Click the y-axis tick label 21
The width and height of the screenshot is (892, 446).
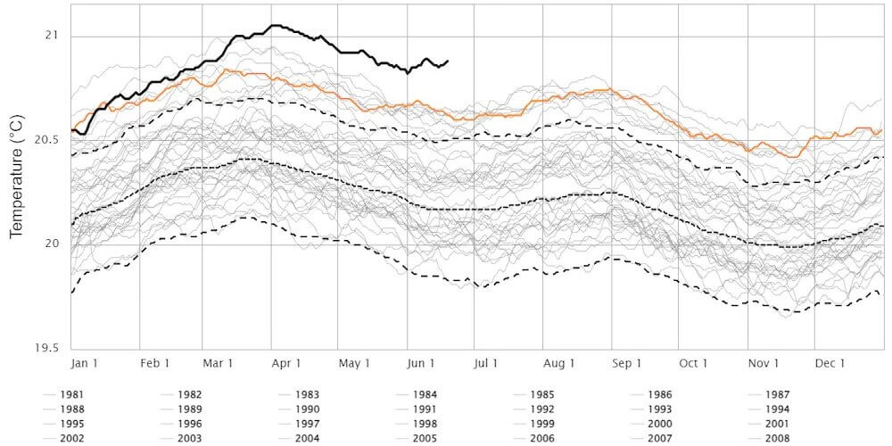50,36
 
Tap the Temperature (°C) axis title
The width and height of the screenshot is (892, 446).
15,175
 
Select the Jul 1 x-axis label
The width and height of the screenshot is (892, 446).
485,363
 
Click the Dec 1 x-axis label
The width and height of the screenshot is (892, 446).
830,363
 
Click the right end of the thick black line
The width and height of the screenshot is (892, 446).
447,61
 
